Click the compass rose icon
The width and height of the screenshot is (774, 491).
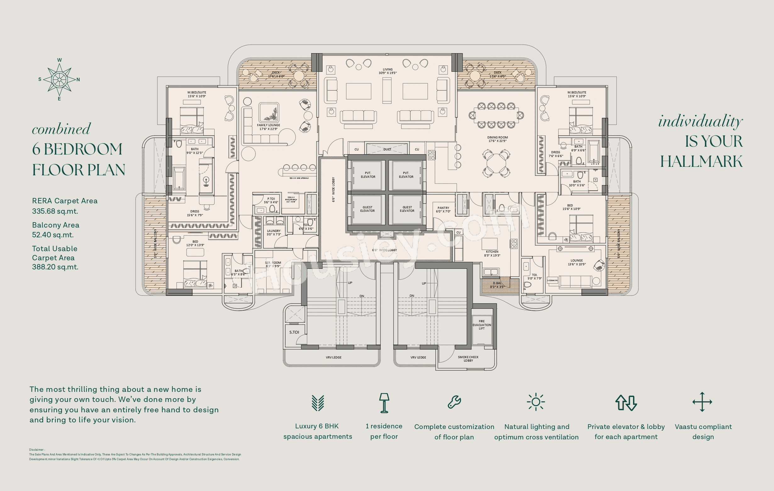pos(59,79)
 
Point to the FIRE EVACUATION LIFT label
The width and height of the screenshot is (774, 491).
pos(481,325)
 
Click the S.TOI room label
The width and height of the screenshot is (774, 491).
pos(294,332)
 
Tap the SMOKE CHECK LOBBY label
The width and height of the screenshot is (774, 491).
pos(468,358)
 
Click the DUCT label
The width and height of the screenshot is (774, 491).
pos(387,149)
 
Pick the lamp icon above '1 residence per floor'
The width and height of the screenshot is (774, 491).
pos(384,403)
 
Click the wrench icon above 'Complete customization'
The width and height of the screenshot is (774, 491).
pos(454,402)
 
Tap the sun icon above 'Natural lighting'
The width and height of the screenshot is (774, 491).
pos(536,402)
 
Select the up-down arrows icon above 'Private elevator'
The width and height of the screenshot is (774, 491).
pos(626,403)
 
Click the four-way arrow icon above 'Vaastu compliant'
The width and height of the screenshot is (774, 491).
pos(702,402)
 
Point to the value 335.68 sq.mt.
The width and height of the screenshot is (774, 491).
pos(55,211)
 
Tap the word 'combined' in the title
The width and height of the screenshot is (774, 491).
pos(61,129)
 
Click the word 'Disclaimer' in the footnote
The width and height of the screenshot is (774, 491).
pos(36,449)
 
